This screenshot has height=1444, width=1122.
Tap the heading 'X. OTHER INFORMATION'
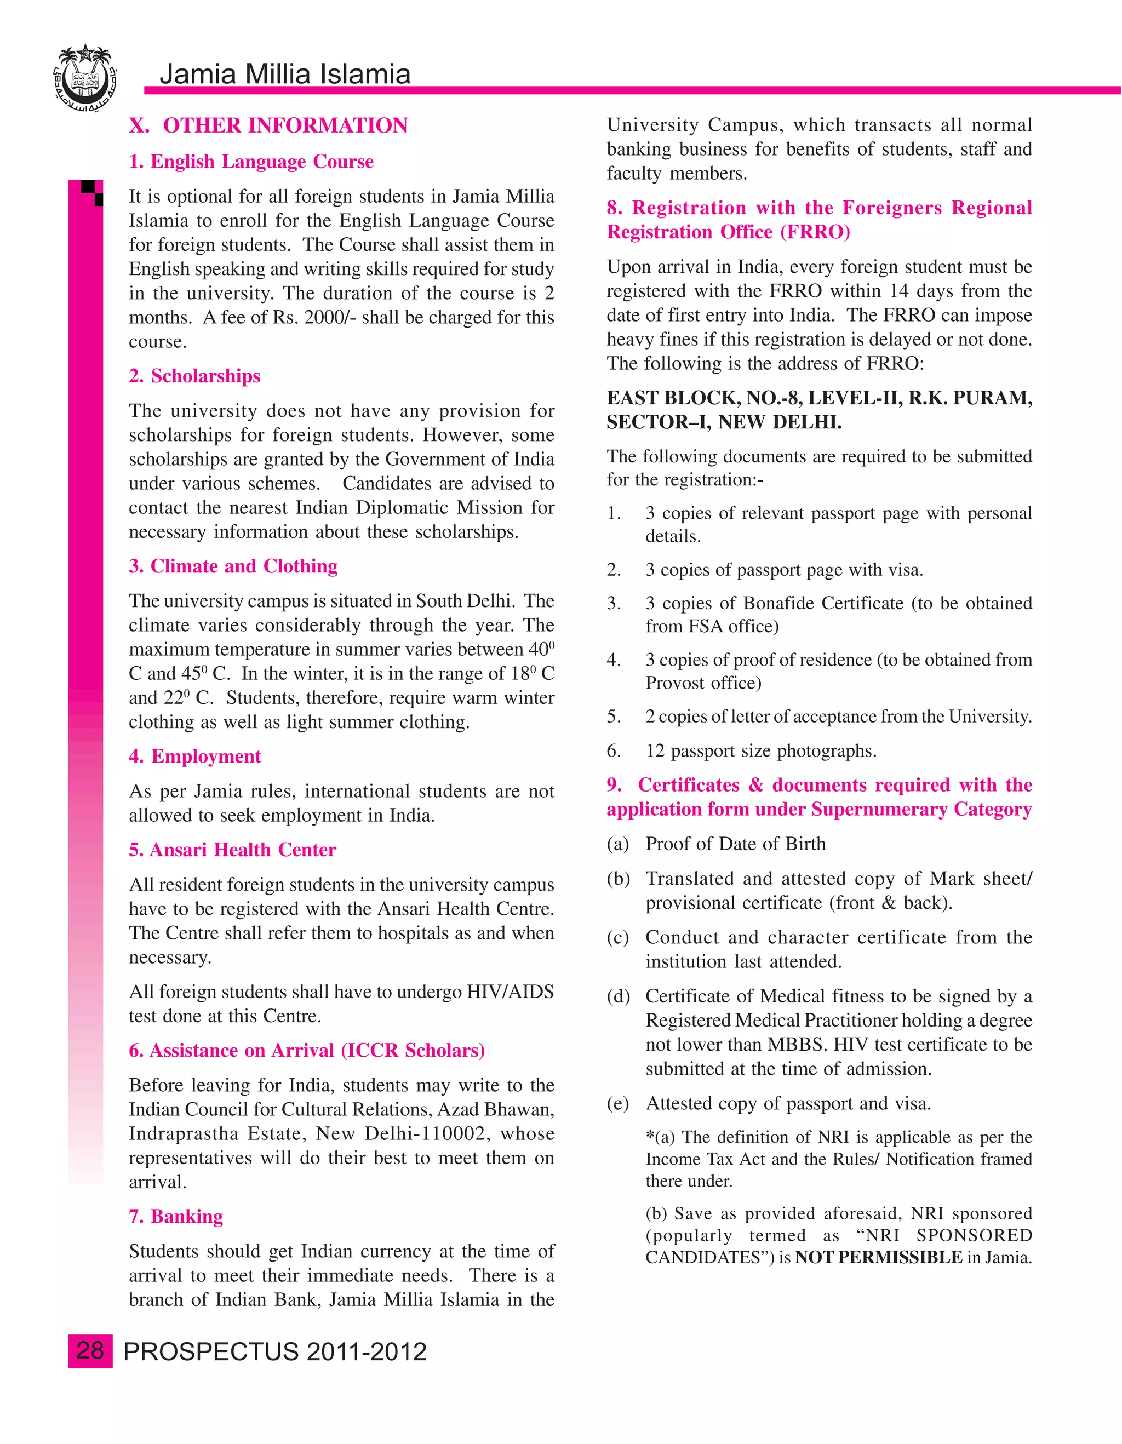(268, 125)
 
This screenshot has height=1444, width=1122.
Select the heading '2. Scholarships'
(194, 376)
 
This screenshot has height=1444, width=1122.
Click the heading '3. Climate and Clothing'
(233, 566)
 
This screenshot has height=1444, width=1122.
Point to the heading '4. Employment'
(195, 757)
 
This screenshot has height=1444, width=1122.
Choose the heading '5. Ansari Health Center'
(232, 850)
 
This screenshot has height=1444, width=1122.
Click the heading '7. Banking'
(176, 1217)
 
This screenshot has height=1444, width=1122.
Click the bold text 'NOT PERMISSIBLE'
(878, 1258)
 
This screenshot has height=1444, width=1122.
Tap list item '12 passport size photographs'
(761, 751)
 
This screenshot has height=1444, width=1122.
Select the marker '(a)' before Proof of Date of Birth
(617, 844)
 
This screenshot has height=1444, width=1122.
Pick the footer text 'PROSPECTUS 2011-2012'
(275, 1351)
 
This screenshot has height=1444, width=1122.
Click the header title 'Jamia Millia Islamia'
(285, 74)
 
